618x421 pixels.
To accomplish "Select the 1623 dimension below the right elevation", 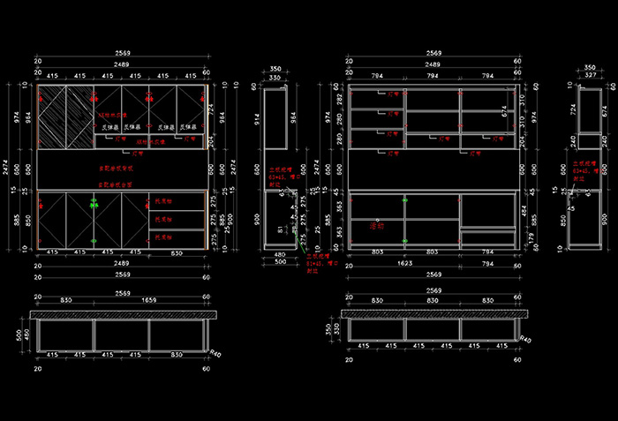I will tap(432, 262).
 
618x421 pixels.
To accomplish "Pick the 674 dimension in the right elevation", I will tap(505, 112).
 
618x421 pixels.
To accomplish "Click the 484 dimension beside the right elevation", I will tap(524, 209).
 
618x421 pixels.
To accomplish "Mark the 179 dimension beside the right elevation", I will tap(524, 237).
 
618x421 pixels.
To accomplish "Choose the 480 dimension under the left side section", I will tap(279, 255).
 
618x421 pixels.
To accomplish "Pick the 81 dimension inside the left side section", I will tap(282, 230).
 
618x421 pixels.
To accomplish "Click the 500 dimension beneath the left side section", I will tap(279, 263).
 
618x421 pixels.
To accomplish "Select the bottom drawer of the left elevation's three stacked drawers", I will tap(177, 238).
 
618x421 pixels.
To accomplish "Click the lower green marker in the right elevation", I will tap(404, 241).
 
